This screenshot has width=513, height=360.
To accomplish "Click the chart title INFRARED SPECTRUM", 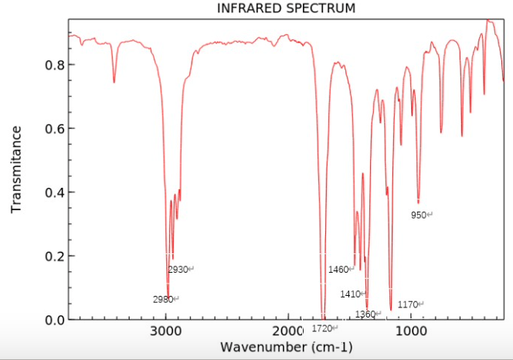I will (x=286, y=8).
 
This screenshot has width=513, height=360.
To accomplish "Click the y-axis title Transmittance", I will (x=17, y=169).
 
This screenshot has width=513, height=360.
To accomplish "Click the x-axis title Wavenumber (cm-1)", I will (x=287, y=347).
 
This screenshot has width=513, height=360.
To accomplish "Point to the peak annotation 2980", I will (x=163, y=299).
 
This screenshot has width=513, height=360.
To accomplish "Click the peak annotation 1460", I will (x=338, y=270).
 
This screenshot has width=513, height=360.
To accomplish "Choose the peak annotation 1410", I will (x=351, y=294).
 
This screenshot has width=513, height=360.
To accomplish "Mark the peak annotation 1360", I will (x=365, y=314).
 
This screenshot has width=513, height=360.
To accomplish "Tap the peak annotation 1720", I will (x=323, y=328).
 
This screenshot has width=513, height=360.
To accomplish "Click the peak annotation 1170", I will (x=408, y=305).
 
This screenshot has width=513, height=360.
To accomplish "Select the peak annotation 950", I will (x=420, y=215).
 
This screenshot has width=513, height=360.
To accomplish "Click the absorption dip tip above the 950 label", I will (x=418, y=202).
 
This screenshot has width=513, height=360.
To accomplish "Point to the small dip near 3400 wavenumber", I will (x=114, y=82).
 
